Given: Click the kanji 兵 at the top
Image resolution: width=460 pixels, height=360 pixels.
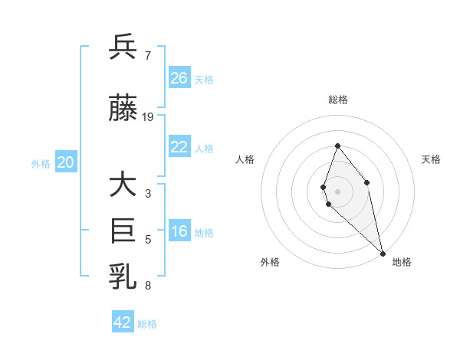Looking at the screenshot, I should tap(123, 47).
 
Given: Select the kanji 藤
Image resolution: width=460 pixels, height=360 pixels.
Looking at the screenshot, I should tap(123, 109).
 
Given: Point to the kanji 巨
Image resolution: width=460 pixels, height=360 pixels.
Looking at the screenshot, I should tap(123, 230).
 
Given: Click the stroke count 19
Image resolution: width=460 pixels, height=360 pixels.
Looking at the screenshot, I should tap(148, 117).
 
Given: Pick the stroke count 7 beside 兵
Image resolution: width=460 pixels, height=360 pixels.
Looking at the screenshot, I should tap(148, 56).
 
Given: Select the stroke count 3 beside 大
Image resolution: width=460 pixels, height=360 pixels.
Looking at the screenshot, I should tap(148, 193).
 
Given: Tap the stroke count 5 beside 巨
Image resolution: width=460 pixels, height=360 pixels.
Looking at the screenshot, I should tap(148, 239).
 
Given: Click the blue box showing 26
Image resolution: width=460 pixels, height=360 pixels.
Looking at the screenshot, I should tap(179, 78).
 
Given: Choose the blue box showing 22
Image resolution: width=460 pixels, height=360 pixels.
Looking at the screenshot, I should tap(179, 147).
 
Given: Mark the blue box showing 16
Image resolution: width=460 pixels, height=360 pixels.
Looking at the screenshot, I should tap(179, 232).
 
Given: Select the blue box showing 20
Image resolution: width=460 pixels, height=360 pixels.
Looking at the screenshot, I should tap(66, 162).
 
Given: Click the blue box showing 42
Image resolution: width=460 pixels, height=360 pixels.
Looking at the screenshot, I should tap(123, 322).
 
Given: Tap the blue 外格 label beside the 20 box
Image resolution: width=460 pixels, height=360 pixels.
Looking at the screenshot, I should tap(41, 163).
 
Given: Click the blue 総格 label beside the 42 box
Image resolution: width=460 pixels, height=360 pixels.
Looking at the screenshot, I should tap(147, 324).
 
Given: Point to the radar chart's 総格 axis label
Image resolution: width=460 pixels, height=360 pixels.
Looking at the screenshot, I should tap(338, 100).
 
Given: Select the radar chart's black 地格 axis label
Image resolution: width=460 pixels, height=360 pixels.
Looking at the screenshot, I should tap(402, 262).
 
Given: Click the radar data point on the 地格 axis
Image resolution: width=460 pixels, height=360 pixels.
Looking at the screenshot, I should tap(383, 253).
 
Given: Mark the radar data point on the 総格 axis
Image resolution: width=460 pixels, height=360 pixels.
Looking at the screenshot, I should tap(337, 146).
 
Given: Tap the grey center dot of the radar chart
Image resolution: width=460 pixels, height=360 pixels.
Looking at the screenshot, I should tap(337, 191).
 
